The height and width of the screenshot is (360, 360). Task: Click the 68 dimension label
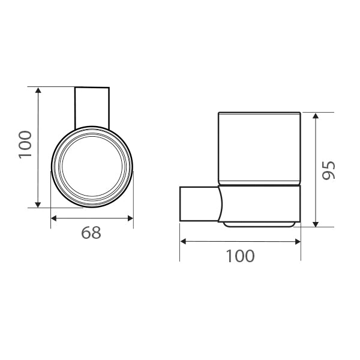91,232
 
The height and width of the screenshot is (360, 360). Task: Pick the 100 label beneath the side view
240,256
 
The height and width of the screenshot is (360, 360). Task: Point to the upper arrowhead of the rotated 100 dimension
38,91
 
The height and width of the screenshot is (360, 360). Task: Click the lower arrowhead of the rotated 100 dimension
38,204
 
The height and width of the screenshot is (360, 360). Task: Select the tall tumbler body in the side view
259,147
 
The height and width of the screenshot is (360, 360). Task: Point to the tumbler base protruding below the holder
259,224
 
